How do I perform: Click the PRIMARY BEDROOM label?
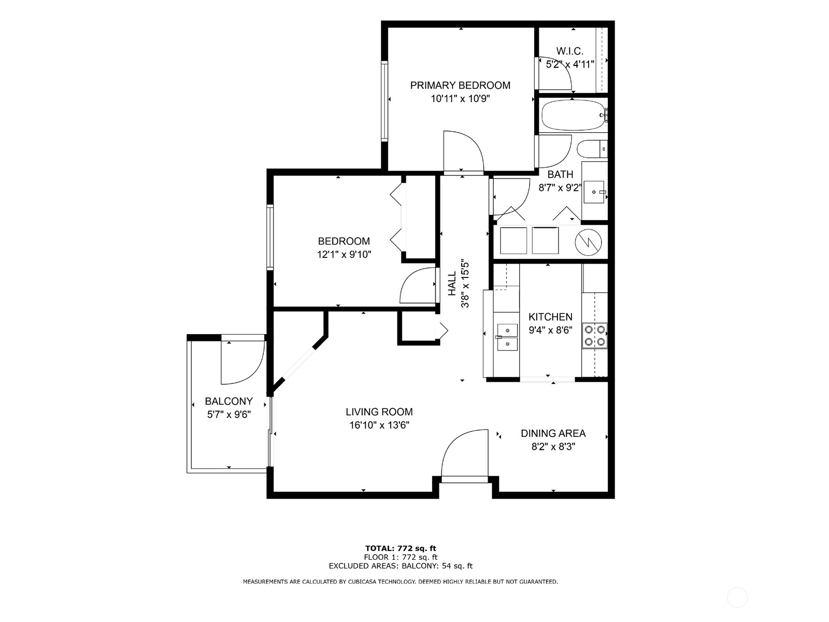460,85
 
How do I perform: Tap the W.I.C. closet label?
569,51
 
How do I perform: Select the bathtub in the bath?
572,116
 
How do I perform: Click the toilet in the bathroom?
590,149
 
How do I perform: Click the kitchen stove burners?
595,335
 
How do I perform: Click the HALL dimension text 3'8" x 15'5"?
466,284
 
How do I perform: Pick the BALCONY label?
228,401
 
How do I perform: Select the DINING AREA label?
553,433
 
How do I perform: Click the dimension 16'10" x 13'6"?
379,425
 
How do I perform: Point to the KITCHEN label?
550,316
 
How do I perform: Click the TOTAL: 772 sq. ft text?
401,548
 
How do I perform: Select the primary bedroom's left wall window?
384,101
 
